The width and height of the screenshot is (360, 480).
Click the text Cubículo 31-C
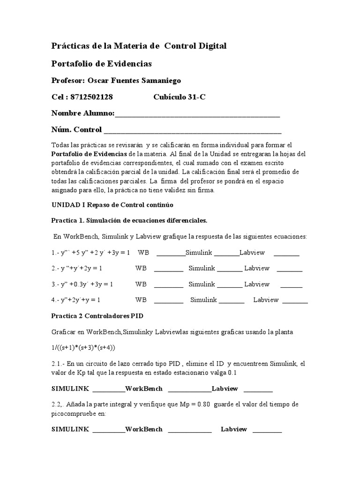click(179, 97)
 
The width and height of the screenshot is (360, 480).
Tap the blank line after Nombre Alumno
click(197, 114)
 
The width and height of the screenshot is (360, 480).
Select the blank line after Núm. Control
click(192, 130)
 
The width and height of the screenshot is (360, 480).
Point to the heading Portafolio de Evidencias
click(101, 63)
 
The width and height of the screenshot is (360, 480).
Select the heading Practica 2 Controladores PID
click(97, 316)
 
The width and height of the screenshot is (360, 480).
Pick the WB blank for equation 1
click(171, 253)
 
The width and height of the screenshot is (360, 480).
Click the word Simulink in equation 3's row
click(202, 284)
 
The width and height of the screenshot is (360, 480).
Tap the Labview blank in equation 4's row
click(295, 300)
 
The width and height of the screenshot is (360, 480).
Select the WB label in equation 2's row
click(141, 269)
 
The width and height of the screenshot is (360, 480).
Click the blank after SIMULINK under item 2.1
click(109, 389)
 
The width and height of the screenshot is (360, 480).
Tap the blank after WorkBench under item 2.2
click(189, 429)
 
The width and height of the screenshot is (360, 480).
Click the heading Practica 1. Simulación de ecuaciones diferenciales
click(129, 221)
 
